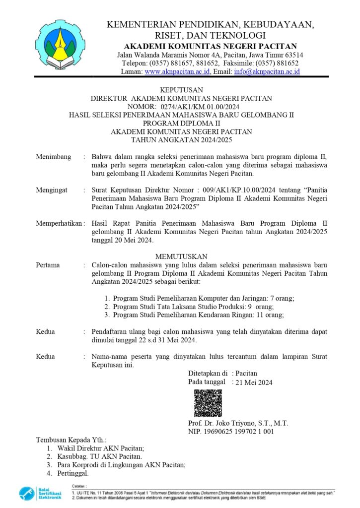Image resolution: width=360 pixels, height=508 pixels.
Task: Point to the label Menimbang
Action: (x=53, y=157)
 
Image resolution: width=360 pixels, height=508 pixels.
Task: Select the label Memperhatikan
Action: (x=59, y=223)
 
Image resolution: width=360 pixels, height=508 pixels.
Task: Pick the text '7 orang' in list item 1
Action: (x=282, y=299)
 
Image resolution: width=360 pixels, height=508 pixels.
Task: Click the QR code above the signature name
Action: (x=208, y=403)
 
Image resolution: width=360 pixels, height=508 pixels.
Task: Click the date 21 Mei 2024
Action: (x=254, y=382)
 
